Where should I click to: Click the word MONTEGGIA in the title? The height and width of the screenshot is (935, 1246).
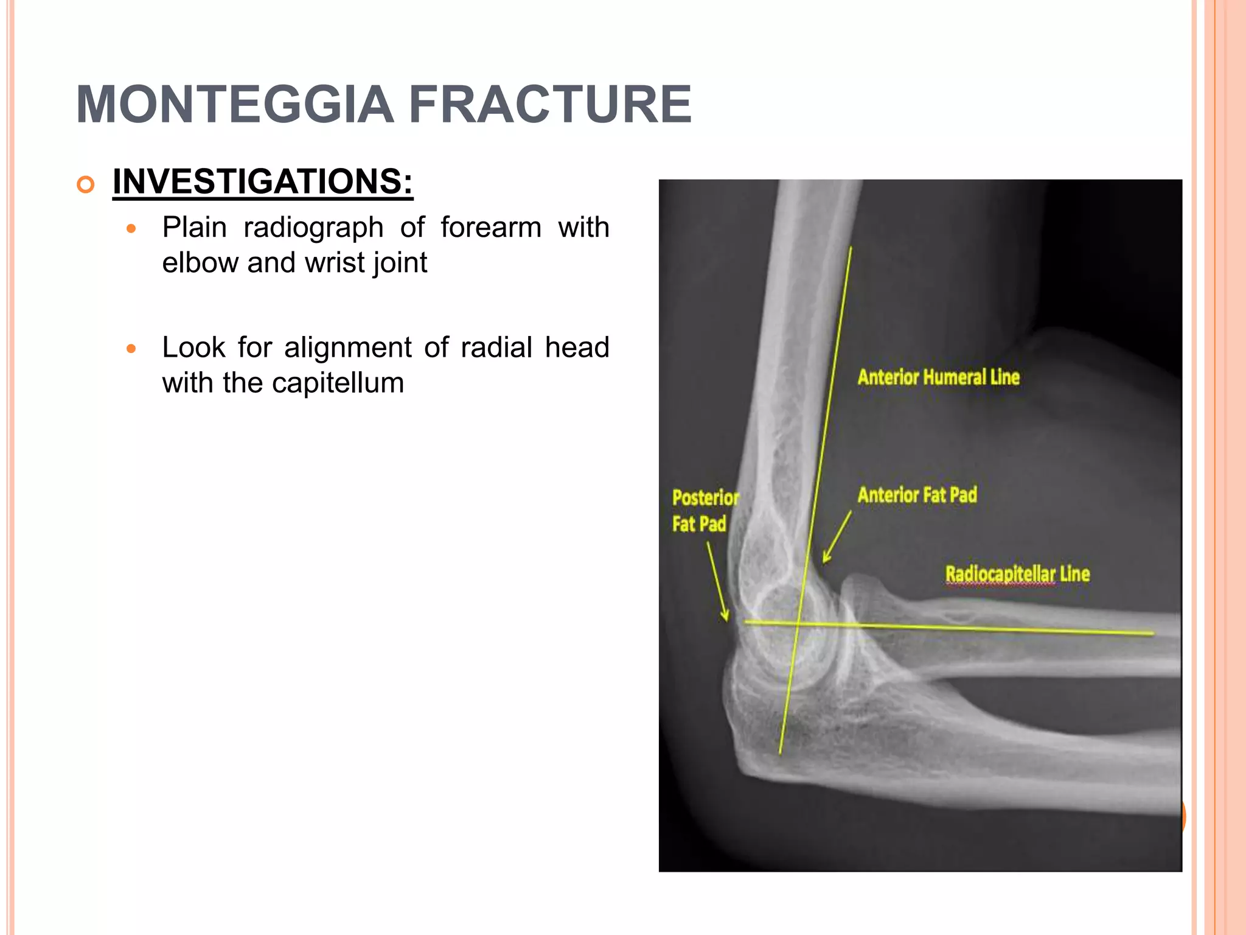235,105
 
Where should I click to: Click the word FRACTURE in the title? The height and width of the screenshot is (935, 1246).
550,105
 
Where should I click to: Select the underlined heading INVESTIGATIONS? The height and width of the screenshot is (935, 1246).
263,181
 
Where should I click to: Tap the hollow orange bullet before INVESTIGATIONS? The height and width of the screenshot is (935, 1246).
86,184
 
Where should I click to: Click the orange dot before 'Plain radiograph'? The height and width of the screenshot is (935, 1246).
131,229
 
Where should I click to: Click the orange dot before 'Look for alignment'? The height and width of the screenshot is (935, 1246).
131,349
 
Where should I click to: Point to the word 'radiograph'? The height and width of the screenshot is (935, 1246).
313,228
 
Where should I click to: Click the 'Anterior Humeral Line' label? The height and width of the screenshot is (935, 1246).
938,377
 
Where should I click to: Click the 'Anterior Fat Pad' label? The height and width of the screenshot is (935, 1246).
917,495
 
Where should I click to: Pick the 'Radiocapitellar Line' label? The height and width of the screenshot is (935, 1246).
1017,574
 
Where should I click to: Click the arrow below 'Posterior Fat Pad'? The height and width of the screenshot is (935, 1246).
717,581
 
